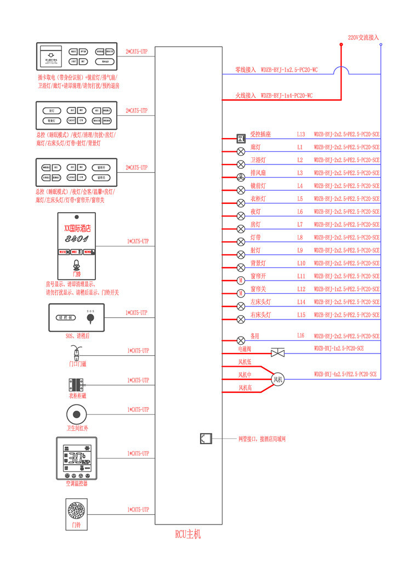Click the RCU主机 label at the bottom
[x=188, y=534]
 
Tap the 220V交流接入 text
[x=363, y=38]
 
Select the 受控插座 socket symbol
[x=241, y=138]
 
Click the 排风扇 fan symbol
[x=241, y=176]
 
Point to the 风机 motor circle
[x=278, y=379]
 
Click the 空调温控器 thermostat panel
[x=77, y=458]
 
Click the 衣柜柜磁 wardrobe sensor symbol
[x=76, y=384]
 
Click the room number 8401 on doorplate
[x=76, y=239]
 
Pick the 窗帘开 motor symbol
[x=241, y=280]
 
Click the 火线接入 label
[x=246, y=95]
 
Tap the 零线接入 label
[x=246, y=70]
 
